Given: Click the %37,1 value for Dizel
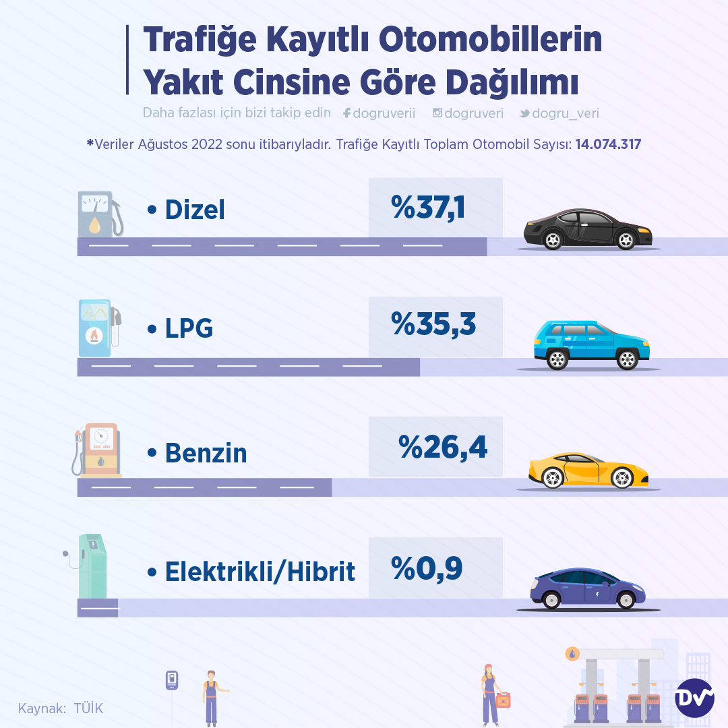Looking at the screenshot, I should click(x=428, y=207).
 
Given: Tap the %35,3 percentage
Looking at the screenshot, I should click(x=433, y=325).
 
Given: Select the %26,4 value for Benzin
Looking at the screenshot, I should click(x=442, y=446).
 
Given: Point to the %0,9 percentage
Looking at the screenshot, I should click(x=427, y=568).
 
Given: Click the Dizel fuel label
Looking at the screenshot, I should click(x=194, y=210).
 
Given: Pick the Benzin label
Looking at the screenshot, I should click(x=206, y=453).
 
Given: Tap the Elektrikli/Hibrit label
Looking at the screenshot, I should click(x=260, y=572).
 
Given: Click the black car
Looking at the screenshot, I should click(x=588, y=229).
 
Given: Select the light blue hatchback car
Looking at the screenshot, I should click(x=591, y=345).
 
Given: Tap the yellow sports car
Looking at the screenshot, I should click(x=588, y=469).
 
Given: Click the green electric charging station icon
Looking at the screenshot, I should click(x=91, y=566).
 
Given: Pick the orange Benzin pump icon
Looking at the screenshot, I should click(x=98, y=450).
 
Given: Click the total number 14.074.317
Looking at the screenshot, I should click(x=608, y=144).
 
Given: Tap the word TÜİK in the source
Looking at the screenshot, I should click(x=88, y=708).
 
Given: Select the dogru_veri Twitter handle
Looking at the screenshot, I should click(x=565, y=114).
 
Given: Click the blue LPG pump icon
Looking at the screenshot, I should click(x=98, y=328).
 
